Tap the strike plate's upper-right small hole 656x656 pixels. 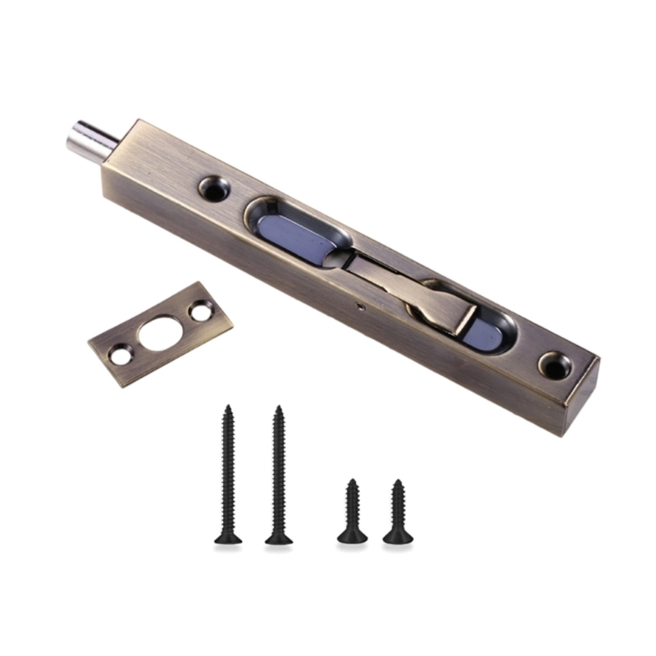tap(200, 312)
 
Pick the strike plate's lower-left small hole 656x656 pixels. tap(121, 356)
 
